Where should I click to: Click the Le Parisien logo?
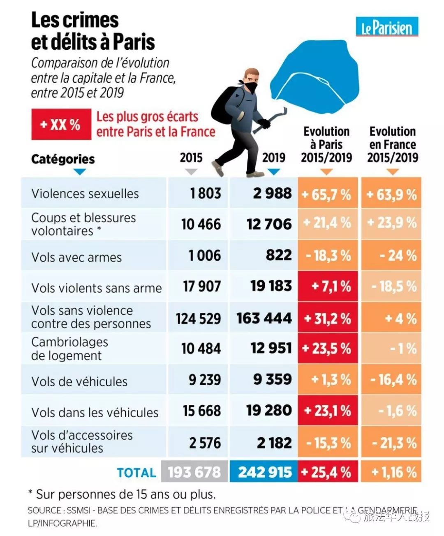pyautogui.click(x=387, y=27)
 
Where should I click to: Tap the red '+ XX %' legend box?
pyautogui.click(x=61, y=124)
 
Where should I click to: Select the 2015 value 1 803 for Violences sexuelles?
pyautogui.click(x=205, y=193)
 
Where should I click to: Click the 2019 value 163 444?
pyautogui.click(x=264, y=318)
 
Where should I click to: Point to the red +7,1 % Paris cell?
pyautogui.click(x=328, y=286)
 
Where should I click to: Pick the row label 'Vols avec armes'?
pyautogui.click(x=76, y=257)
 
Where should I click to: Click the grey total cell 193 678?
pyautogui.click(x=194, y=472)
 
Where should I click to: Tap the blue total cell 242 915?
pyautogui.click(x=264, y=472)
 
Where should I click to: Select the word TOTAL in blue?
pyautogui.click(x=136, y=473)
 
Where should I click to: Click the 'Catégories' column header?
pyautogui.click(x=63, y=159)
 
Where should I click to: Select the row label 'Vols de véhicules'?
pyautogui.click(x=79, y=381)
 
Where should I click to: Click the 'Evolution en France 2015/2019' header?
pyautogui.click(x=392, y=144)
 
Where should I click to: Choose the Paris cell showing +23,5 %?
pyautogui.click(x=328, y=349)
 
